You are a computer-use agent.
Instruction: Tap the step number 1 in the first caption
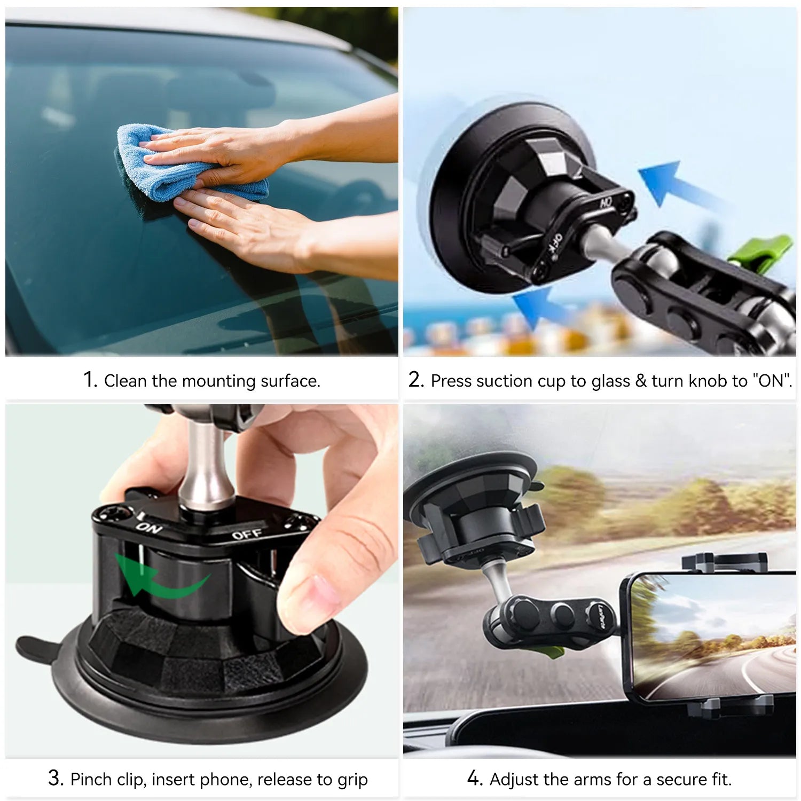point(90,380)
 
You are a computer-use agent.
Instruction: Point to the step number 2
point(415,380)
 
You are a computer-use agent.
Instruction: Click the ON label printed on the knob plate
point(149,528)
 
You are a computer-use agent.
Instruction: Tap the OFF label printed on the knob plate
point(247,533)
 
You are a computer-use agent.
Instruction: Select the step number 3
point(56,778)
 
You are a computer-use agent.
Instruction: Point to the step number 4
point(474,778)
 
